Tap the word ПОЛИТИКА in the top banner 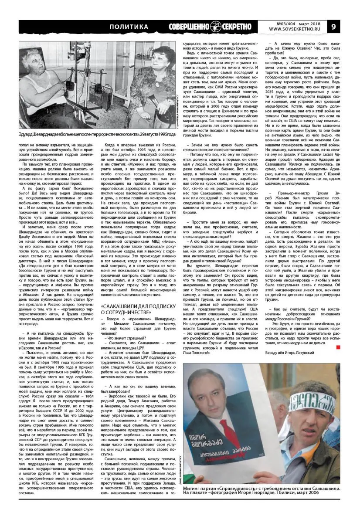(129, 27)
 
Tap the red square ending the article (338, 346)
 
